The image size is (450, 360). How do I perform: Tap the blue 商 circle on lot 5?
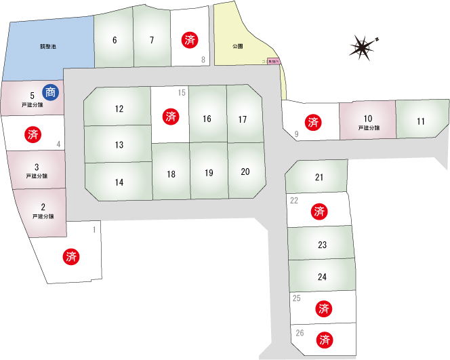[x=49, y=92]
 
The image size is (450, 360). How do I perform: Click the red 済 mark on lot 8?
[x=190, y=40]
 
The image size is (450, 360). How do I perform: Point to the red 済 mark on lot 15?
[x=171, y=116]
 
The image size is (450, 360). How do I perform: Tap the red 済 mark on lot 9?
[x=313, y=122]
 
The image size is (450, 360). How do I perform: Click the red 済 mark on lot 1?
[x=71, y=256]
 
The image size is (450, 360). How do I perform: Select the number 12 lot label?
[x=119, y=108]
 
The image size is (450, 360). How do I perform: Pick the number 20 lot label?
[x=245, y=172]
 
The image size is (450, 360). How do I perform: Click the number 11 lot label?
[x=421, y=121]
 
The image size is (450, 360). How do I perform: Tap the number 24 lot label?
[x=322, y=277]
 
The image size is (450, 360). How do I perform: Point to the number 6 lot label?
[x=115, y=40]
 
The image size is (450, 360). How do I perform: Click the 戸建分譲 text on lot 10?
[x=367, y=127]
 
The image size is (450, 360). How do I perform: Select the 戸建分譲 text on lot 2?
[x=43, y=216]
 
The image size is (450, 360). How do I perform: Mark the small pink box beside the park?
[x=274, y=61]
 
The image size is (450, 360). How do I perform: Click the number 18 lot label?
[x=171, y=174]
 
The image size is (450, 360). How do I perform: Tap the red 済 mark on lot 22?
[x=319, y=212]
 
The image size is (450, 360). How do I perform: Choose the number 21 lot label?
[x=319, y=178]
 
